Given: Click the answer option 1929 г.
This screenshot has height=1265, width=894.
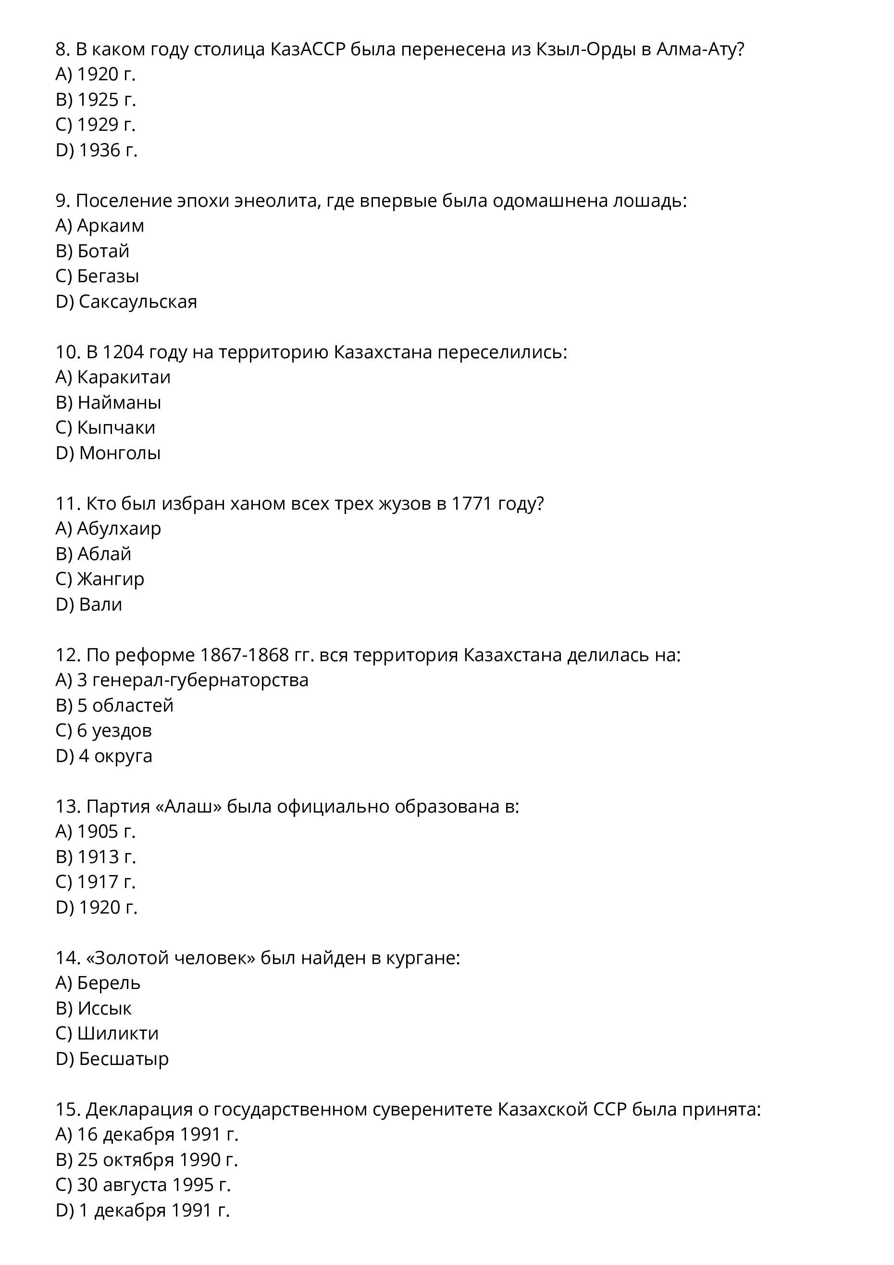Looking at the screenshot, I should pos(106,125).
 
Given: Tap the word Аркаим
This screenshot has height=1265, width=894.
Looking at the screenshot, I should pos(110,225).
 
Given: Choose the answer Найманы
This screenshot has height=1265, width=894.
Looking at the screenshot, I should pos(119,402).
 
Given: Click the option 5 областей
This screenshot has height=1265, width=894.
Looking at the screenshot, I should pos(125,705).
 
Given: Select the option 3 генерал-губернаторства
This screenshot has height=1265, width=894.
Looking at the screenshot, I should pos(192,680).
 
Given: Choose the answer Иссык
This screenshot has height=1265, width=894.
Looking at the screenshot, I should pos(105,1008).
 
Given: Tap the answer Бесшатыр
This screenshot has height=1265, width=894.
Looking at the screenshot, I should pos(124,1058).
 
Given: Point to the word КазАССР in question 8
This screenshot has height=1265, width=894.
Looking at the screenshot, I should pos(307,50).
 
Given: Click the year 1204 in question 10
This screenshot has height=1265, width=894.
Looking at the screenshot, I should pos(123,351).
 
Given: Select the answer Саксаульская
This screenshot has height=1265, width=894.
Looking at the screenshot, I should pos(137,301).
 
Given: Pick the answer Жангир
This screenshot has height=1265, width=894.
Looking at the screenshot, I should pos(110,579).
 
